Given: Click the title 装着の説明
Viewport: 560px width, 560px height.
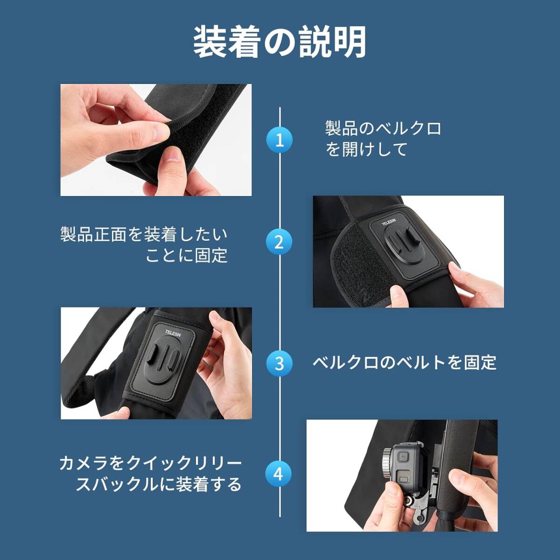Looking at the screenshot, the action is pyautogui.click(x=280, y=43).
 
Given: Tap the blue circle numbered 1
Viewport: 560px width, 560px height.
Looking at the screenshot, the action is pyautogui.click(x=280, y=140).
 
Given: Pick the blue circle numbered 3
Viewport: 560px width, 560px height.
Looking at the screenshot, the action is pyautogui.click(x=280, y=363).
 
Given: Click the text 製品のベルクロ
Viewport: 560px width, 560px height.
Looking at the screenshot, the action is pyautogui.click(x=383, y=128).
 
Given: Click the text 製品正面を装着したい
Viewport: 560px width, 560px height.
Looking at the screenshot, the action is pyautogui.click(x=144, y=234).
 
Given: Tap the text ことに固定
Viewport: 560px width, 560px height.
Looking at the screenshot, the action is pyautogui.click(x=186, y=255).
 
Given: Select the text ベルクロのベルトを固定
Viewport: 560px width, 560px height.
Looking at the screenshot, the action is pyautogui.click(x=404, y=363).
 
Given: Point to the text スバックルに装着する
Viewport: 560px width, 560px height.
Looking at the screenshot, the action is pyautogui.click(x=159, y=484).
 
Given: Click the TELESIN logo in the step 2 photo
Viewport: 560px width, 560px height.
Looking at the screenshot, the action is pyautogui.click(x=389, y=225).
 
